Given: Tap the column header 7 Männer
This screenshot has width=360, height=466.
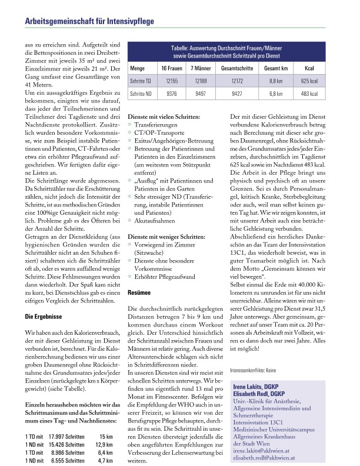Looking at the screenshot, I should tap(201, 68).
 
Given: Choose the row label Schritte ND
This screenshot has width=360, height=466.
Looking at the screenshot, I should tap(141, 93).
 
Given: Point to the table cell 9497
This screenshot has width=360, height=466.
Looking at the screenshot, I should tap(201, 93).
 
